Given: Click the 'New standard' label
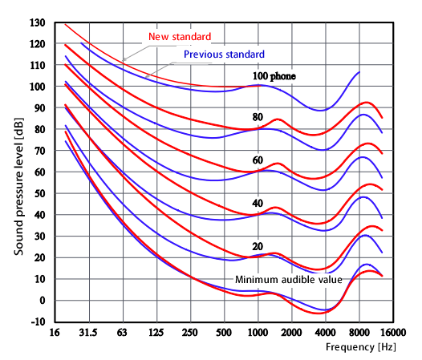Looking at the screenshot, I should (180, 37).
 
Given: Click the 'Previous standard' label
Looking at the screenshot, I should (224, 55).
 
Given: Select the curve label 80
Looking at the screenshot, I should (258, 117).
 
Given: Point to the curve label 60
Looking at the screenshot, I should (258, 160).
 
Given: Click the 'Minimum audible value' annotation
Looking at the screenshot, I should (289, 280).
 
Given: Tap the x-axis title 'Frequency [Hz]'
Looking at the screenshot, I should (359, 349).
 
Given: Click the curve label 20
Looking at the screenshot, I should (258, 246).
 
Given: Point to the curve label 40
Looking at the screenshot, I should (258, 204).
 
